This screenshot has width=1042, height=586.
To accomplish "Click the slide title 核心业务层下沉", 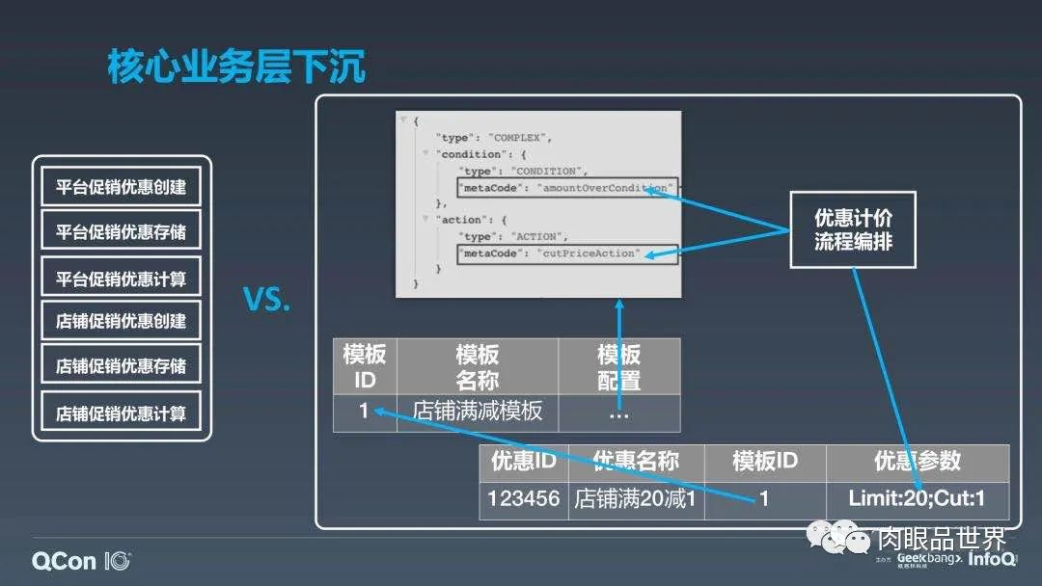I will click(x=236, y=68).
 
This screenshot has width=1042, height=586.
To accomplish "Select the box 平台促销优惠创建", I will click(x=121, y=186).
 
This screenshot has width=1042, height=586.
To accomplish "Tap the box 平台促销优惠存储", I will click(x=121, y=231).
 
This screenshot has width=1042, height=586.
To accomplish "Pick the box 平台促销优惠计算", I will click(x=121, y=279).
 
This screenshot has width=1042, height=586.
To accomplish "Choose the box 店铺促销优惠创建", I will click(x=121, y=321).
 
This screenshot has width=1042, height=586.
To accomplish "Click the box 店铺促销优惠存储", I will click(x=121, y=366).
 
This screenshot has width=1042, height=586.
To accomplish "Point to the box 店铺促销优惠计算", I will click(x=121, y=413).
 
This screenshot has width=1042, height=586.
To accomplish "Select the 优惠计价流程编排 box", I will click(x=853, y=229).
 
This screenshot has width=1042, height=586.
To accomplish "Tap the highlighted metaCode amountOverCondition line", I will click(x=568, y=187).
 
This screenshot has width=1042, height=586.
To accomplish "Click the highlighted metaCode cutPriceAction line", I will click(x=568, y=253).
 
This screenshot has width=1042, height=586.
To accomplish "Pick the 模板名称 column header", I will click(x=477, y=366).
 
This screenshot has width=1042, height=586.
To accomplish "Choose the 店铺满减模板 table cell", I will click(x=477, y=412).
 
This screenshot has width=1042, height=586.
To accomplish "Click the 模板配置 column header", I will click(x=618, y=366).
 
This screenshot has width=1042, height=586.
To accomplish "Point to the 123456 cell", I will click(x=524, y=499).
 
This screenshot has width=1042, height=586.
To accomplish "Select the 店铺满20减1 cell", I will click(x=636, y=499).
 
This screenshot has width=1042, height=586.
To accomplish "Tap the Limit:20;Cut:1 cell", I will click(x=917, y=499).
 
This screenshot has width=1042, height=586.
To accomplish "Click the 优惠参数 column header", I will click(x=917, y=462).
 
